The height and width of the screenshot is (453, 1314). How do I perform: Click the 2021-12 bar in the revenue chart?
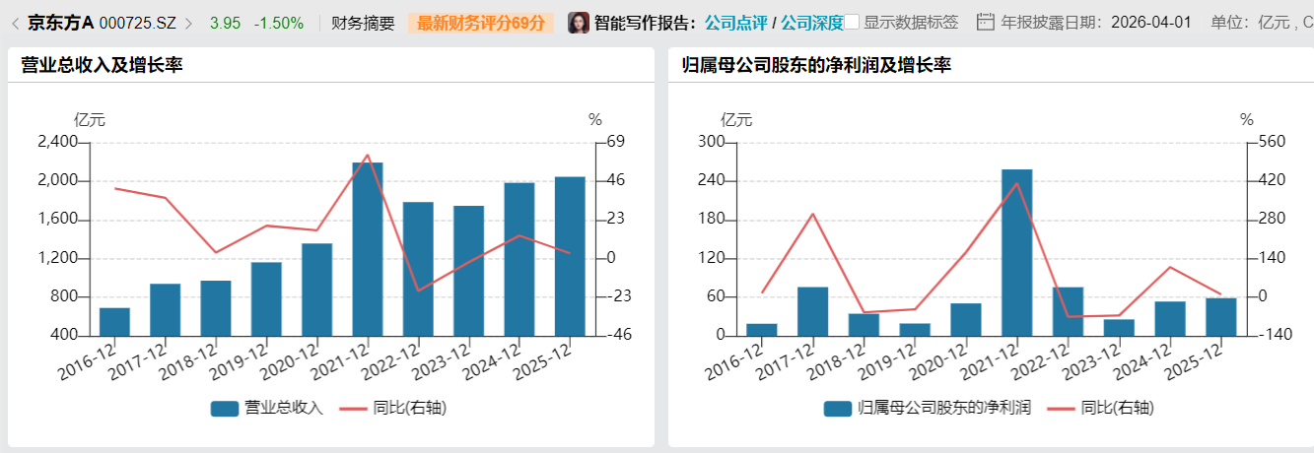click(x=368, y=249)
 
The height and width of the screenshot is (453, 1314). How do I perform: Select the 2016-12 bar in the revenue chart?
click(x=114, y=322)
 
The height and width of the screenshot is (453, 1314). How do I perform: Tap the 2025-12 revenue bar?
click(x=570, y=256)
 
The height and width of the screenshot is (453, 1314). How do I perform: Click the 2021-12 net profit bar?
click(x=1017, y=253)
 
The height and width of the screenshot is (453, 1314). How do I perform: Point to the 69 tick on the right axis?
click(x=616, y=143)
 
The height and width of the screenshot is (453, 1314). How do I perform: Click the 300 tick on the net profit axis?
click(x=711, y=143)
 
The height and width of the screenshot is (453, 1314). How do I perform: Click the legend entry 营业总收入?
click(x=267, y=408)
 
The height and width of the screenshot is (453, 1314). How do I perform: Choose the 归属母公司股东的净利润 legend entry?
click(x=928, y=408)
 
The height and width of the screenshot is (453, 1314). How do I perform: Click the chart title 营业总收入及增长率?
click(x=102, y=65)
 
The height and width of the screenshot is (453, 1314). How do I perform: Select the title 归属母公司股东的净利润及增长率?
click(x=816, y=65)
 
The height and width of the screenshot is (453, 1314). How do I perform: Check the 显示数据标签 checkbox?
click(x=853, y=22)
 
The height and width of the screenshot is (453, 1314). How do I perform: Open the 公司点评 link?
click(x=735, y=23)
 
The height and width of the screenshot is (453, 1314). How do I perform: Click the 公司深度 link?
click(x=812, y=23)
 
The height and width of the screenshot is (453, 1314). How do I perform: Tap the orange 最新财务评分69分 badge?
click(x=480, y=23)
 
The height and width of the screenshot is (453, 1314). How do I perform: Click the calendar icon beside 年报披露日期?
click(x=985, y=22)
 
